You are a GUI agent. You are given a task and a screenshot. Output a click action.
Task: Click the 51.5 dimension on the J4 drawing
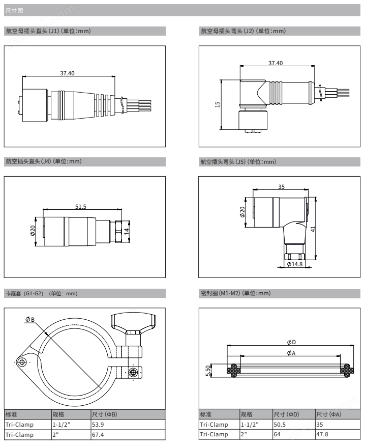coord(80,206)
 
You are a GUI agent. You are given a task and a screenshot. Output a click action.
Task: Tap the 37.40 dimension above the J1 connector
coord(67,73)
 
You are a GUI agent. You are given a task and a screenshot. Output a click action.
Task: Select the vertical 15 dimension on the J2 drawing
coord(218,104)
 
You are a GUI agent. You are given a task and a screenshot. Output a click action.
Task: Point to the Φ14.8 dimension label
coord(295,264)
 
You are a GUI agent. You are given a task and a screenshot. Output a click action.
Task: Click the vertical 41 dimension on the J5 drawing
coord(313,229)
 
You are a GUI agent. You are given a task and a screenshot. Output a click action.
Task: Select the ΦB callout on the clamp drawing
coord(29,319)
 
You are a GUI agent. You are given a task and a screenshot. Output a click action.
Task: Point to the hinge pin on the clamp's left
coord(21,362)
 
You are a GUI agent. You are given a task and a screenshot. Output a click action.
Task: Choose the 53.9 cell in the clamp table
coord(98,425)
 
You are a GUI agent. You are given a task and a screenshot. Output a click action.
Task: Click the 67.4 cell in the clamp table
coord(98,434)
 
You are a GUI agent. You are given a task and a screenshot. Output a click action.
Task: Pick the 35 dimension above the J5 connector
coord(281,187)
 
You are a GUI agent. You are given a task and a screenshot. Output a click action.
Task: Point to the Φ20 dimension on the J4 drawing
coord(33,231)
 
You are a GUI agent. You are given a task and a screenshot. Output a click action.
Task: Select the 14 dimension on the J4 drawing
coord(127,231)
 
